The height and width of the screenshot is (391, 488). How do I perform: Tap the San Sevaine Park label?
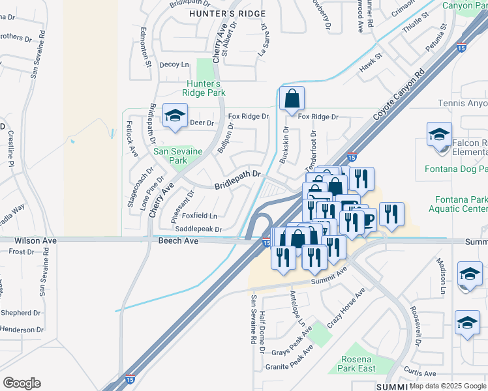pos(177,156)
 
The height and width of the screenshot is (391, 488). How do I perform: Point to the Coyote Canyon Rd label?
pos(398,94)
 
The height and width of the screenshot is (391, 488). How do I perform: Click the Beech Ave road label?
pos(177,240)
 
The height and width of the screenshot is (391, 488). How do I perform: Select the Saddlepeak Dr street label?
pos(199,229)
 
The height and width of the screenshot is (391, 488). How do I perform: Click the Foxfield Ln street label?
pos(199,215)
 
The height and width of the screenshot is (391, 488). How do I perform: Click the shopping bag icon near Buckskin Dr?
pos(292,99)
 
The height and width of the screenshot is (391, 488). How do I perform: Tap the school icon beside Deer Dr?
pos(174,117)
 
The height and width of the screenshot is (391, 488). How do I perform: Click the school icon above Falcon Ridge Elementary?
pos(440,135)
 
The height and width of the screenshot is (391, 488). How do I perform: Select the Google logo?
pos(22,383)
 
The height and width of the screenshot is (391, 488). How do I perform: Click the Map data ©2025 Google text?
pos(448,386)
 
